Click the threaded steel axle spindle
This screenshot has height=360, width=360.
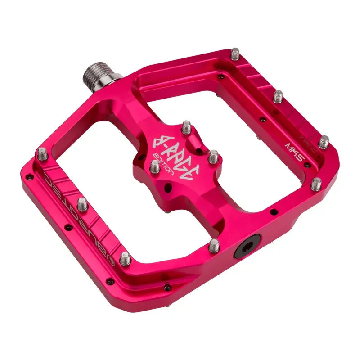click(x=96, y=73)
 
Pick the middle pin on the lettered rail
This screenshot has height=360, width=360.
click(x=82, y=205)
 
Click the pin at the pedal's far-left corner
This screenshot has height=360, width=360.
click(x=41, y=154)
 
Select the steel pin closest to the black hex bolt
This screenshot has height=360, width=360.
click(x=213, y=245)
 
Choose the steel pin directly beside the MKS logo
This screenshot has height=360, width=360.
click(x=323, y=142)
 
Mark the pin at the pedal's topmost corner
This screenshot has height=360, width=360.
click(x=235, y=55)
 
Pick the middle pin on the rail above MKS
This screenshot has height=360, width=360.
click(x=278, y=96)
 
